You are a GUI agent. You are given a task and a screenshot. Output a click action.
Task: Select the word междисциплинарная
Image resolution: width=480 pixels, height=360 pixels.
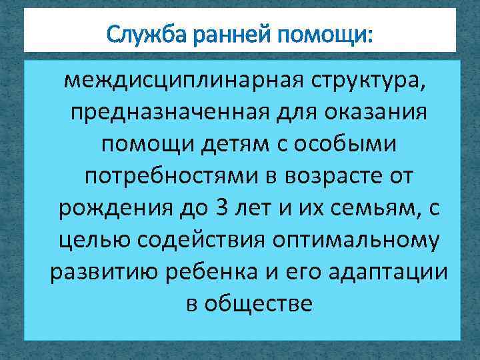(181, 81)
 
